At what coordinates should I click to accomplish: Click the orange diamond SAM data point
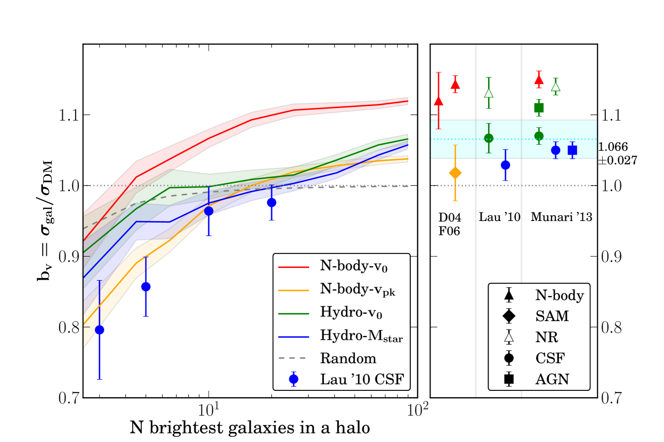[455, 173]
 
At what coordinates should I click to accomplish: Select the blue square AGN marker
[572, 150]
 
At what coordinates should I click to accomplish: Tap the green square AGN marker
[539, 108]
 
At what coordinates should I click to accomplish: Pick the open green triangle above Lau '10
[489, 93]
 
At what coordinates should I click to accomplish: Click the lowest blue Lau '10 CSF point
[99, 330]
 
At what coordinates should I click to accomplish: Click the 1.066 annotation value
[613, 146]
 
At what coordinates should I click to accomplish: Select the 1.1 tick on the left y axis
[66, 115]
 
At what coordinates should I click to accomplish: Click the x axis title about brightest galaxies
[249, 427]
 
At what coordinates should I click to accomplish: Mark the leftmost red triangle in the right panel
[439, 101]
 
